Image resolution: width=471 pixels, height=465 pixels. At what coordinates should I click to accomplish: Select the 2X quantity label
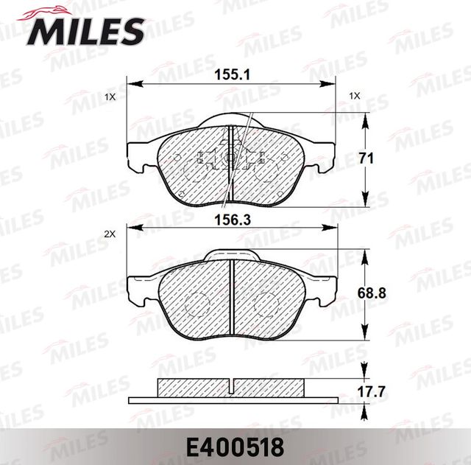click(110, 234)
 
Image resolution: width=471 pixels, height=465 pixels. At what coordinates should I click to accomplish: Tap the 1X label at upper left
click(110, 97)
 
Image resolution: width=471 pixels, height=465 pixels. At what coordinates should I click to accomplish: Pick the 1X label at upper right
click(354, 96)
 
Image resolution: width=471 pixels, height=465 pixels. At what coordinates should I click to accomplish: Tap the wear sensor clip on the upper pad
click(230, 157)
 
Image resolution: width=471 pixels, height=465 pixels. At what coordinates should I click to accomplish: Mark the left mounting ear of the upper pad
click(141, 155)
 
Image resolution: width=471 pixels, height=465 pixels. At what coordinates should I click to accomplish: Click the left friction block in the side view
click(193, 388)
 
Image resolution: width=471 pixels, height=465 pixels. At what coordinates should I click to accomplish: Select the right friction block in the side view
click(269, 388)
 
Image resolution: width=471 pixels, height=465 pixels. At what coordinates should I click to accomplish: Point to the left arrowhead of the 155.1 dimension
click(132, 83)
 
